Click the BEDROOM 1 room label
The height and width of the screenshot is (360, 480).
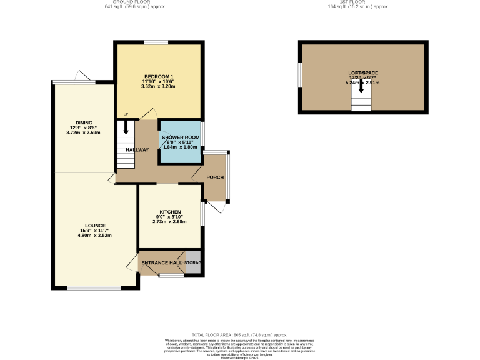158,77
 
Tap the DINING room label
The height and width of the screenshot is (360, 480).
84,122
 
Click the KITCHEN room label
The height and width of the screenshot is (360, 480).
169,211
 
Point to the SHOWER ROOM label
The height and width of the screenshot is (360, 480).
181,137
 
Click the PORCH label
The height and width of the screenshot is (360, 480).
216,177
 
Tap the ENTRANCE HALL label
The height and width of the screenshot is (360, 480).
161,263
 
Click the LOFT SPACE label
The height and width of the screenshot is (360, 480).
363,72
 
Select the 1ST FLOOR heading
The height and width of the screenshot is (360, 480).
358,2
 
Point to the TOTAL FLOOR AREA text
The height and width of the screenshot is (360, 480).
239,335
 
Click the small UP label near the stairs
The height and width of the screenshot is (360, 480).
126,114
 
